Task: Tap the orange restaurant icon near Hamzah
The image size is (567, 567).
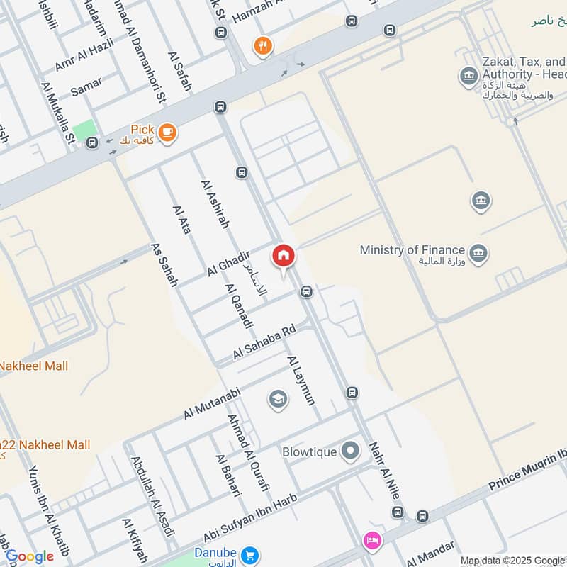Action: click(x=263, y=47)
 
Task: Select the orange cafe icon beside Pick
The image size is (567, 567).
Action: click(x=167, y=133)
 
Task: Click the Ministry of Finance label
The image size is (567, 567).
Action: click(x=412, y=250)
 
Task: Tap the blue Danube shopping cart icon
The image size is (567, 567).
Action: click(x=248, y=554)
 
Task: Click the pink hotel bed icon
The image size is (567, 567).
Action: click(x=371, y=541)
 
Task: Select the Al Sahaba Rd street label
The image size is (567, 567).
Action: click(x=264, y=342)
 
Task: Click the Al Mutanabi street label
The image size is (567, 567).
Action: click(x=213, y=402)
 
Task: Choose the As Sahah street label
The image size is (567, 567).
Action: click(x=164, y=264)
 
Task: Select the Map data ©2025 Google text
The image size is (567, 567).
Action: click(x=512, y=560)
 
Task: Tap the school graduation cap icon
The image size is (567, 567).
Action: click(x=278, y=400)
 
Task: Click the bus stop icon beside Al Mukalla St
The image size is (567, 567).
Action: click(x=92, y=143)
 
